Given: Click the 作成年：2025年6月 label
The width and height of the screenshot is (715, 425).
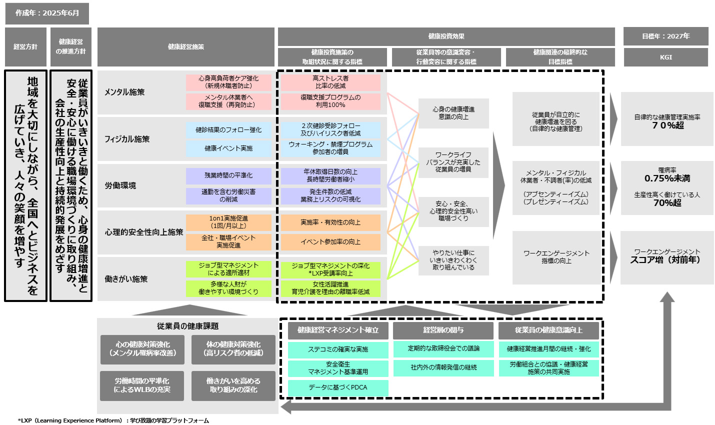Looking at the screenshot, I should point(47,13).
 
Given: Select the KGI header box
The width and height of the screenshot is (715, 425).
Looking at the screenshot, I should point(665,57).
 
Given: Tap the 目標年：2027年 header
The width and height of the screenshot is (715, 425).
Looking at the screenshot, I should point(665,36).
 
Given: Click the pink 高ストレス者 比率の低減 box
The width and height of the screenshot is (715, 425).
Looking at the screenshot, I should point(330,82).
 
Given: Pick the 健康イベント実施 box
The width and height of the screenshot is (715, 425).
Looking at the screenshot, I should point(228,148).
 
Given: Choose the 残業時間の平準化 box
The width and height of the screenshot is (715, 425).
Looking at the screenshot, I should point(228,175).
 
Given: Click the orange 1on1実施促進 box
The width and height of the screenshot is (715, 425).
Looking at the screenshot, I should point(228,222).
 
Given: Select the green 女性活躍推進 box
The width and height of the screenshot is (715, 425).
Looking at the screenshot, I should point(330,288).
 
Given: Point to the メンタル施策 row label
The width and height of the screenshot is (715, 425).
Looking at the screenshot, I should point(124,92).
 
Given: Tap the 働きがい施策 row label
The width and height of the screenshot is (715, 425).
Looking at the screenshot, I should point(126,279).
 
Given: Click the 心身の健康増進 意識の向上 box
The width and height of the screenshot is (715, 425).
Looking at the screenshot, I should point(453,113).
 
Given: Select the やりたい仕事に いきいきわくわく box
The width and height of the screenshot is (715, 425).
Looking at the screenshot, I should point(453,260).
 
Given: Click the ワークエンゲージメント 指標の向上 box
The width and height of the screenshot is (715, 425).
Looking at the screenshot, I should point(556,257).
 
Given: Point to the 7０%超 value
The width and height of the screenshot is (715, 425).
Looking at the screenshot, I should point(667,125).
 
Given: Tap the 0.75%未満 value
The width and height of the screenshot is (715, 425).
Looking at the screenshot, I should point(667,178).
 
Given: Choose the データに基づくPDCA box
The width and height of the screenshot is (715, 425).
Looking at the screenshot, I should point(338,387).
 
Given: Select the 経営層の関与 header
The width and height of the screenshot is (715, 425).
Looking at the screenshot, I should point(443,330).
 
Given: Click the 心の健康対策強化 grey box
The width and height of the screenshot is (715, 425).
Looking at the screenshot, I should point(142,348).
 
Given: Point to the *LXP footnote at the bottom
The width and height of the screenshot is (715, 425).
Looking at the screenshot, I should point(113,420).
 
